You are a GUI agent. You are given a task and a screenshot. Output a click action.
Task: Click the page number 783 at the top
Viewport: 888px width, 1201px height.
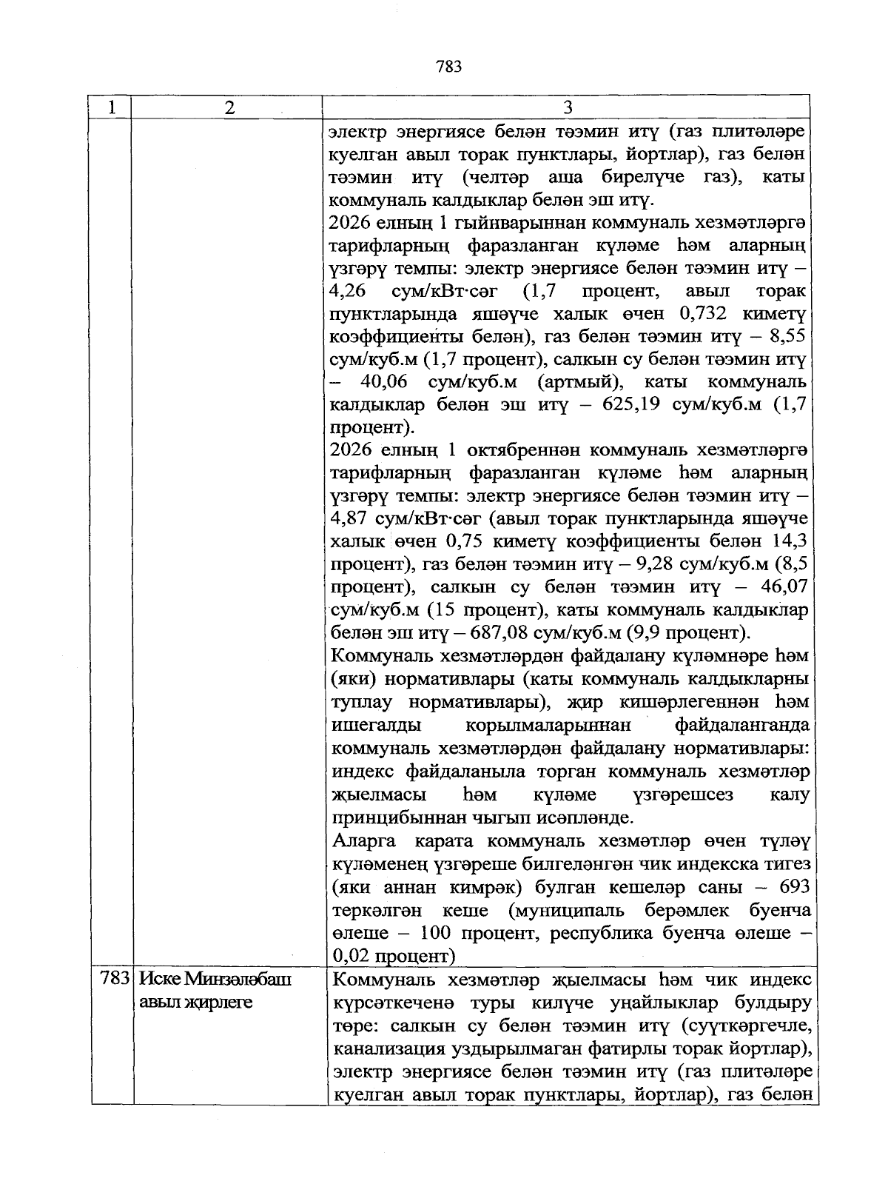(x=449, y=67)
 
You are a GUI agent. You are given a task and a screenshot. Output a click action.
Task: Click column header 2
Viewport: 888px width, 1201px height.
(x=230, y=107)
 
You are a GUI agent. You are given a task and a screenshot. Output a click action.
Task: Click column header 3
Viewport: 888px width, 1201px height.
(x=568, y=107)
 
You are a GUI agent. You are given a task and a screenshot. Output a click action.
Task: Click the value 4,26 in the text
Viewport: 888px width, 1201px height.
(x=348, y=291)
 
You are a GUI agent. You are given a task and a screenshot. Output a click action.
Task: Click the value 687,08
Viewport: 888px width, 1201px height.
(x=497, y=633)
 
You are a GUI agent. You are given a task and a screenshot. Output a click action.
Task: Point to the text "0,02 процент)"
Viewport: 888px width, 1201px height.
(x=391, y=956)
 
